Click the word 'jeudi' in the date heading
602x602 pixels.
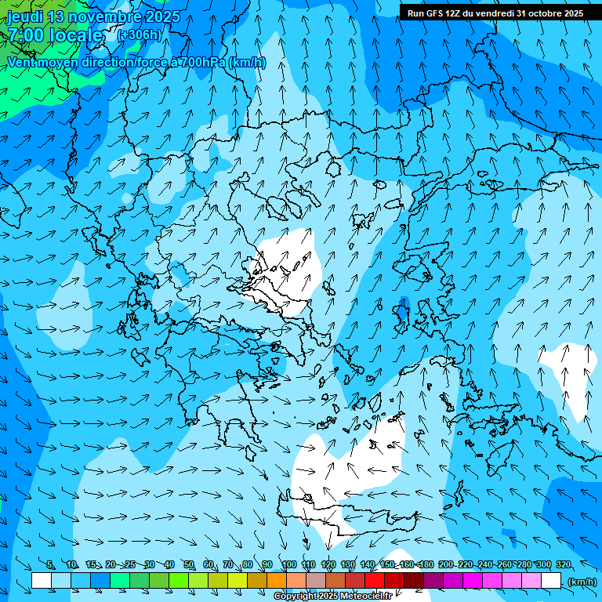coord(25,16)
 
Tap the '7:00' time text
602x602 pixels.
coord(27,35)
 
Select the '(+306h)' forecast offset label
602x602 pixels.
coord(140,35)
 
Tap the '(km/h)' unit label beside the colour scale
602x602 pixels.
coord(582,582)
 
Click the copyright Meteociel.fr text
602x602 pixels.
coord(332,597)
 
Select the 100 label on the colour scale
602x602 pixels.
coord(289,564)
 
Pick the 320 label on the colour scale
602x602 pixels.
coord(564,564)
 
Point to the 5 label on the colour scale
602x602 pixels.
coord(50,564)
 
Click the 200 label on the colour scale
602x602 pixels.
coord(445,564)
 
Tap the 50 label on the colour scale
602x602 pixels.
coord(189,564)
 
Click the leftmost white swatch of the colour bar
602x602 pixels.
coord(42,581)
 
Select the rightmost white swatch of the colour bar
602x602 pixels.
coord(551,581)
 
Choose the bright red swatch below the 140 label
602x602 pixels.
coord(375,581)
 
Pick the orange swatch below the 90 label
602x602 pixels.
coord(277,581)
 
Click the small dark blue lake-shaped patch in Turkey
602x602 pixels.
coord(402,311)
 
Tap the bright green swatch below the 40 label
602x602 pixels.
coord(179,581)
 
